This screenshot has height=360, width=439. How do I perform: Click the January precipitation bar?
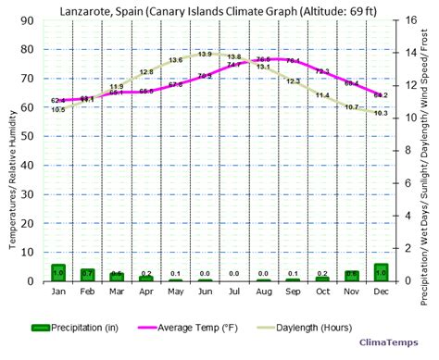point(58,272)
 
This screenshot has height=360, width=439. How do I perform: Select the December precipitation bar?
point(382,272)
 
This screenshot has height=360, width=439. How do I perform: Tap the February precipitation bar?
point(87,274)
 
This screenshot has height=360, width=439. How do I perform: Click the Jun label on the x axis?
point(205,291)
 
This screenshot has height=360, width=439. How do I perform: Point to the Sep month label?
point(293,291)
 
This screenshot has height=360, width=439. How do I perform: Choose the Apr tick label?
point(146,291)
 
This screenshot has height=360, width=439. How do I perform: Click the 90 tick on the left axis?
point(29,21)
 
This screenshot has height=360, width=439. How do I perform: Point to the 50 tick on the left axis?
point(29,136)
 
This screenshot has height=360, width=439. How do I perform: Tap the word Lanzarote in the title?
point(88,8)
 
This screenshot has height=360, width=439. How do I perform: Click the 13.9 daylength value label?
point(205,55)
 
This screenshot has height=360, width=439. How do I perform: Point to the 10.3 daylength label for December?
point(380,113)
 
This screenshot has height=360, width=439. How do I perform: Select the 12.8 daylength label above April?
point(146,72)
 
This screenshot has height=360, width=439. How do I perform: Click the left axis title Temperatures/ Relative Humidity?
point(12,153)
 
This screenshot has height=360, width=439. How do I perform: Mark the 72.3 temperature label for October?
point(322,71)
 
